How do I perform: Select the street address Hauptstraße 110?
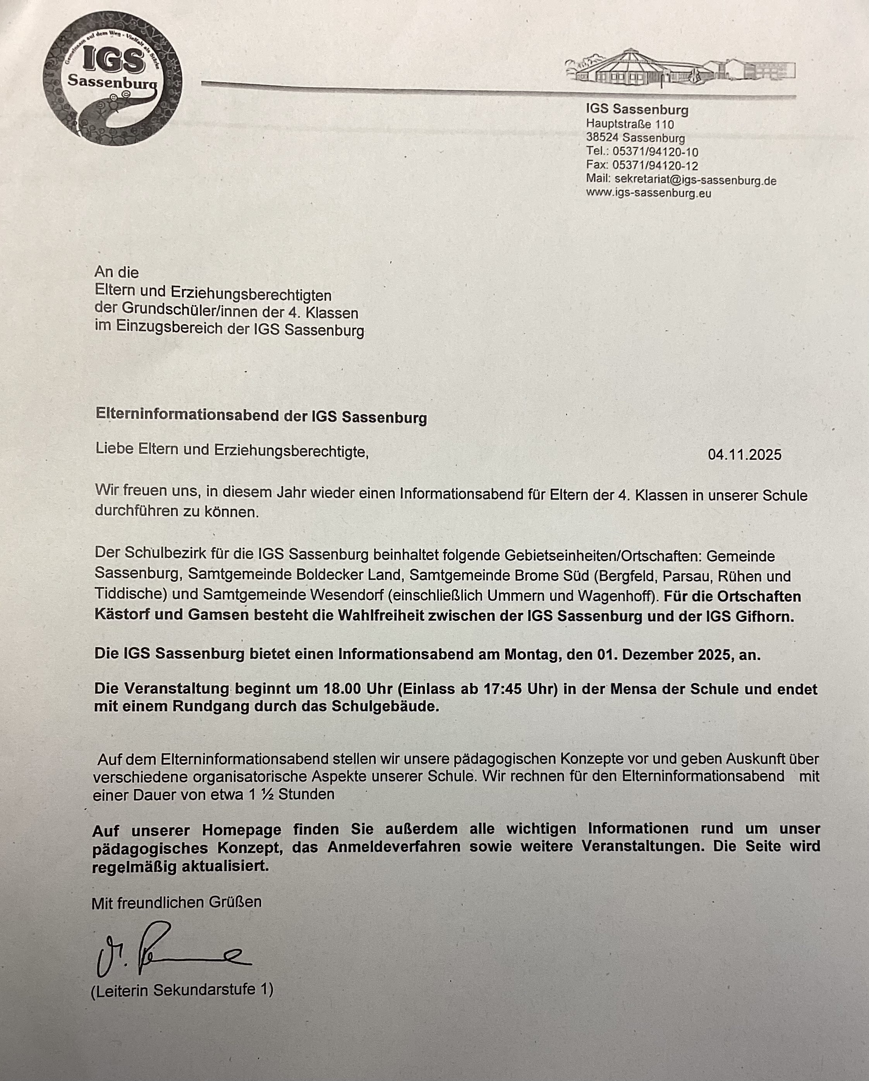coord(630,124)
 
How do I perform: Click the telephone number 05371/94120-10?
coord(655,151)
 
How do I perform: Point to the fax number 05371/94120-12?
coord(655,165)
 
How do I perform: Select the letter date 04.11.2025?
coord(744,455)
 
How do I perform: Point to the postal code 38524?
coord(602,137)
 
